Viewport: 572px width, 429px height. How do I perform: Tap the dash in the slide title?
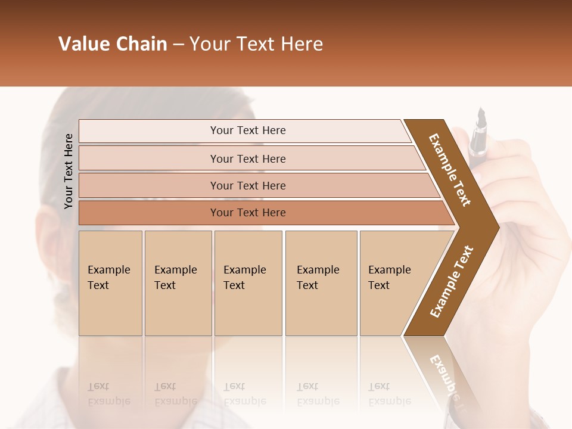click(178, 45)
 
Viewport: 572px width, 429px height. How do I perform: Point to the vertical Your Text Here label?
click(69, 172)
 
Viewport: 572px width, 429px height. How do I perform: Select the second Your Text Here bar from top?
click(247, 158)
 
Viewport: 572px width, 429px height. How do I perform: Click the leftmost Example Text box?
click(110, 283)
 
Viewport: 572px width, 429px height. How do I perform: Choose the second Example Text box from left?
click(178, 283)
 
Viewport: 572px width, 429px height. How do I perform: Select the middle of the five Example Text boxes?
click(248, 283)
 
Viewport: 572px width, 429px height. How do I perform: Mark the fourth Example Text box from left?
click(321, 283)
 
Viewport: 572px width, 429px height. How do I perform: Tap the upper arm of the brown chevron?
click(450, 170)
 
